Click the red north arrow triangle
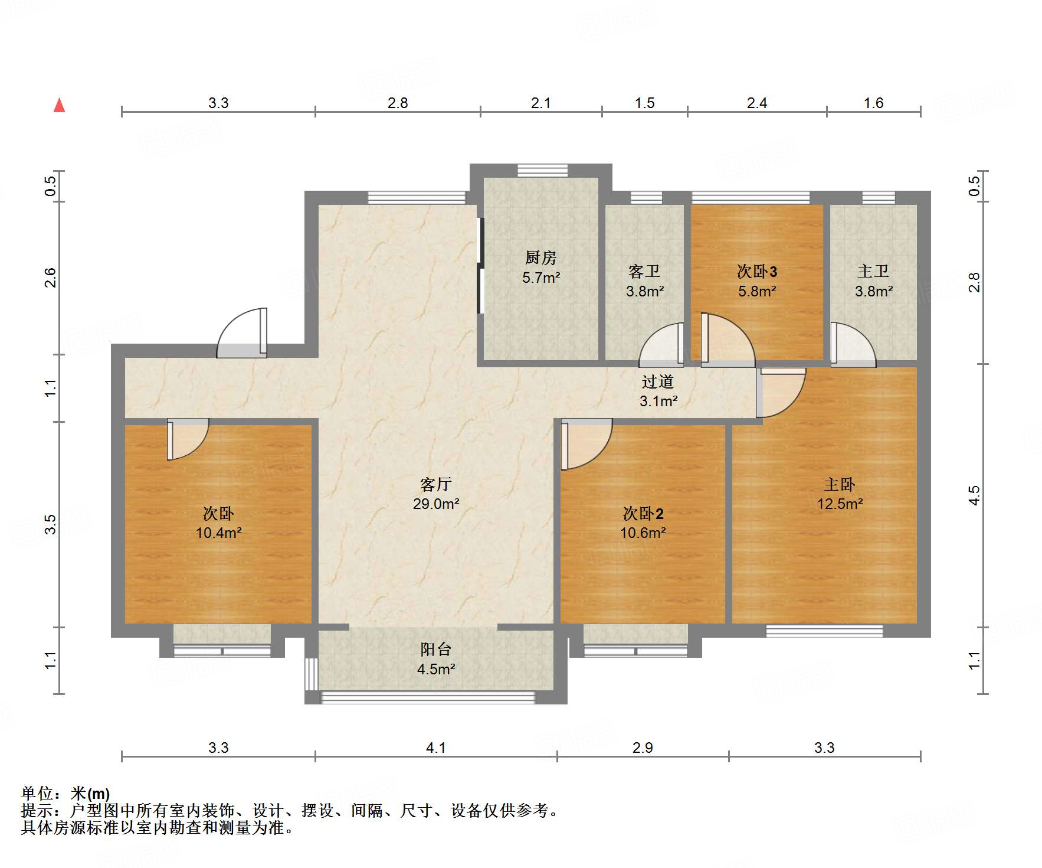59,106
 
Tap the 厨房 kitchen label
540,257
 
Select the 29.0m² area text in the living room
436,504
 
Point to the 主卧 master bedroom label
839,484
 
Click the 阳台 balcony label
436,650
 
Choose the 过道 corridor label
658,381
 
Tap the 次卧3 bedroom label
756,271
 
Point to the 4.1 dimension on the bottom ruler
435,748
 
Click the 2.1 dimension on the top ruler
540,103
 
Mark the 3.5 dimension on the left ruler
51,524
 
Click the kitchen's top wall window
542,171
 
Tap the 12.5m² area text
840,504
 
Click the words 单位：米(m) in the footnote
65,793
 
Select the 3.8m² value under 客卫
644,291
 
